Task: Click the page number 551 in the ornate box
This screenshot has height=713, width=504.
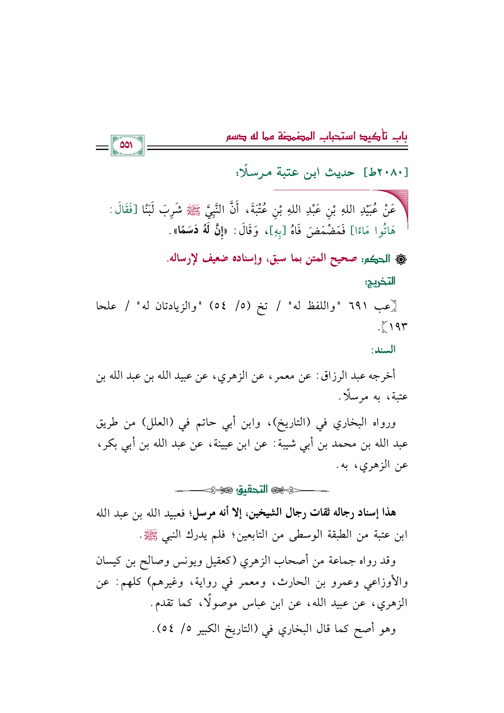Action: click(x=127, y=145)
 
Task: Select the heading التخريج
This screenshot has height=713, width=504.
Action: click(x=380, y=282)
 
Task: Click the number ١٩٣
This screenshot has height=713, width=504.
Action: click(x=397, y=326)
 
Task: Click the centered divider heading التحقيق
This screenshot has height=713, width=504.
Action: click(x=252, y=490)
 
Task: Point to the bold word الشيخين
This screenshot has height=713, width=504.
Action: click(x=262, y=513)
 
